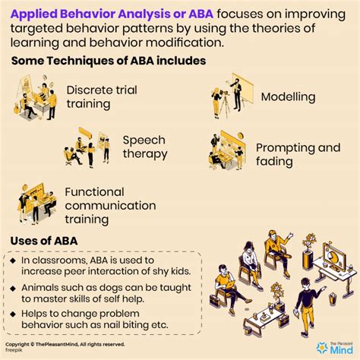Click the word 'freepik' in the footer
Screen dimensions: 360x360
pos(13,352)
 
